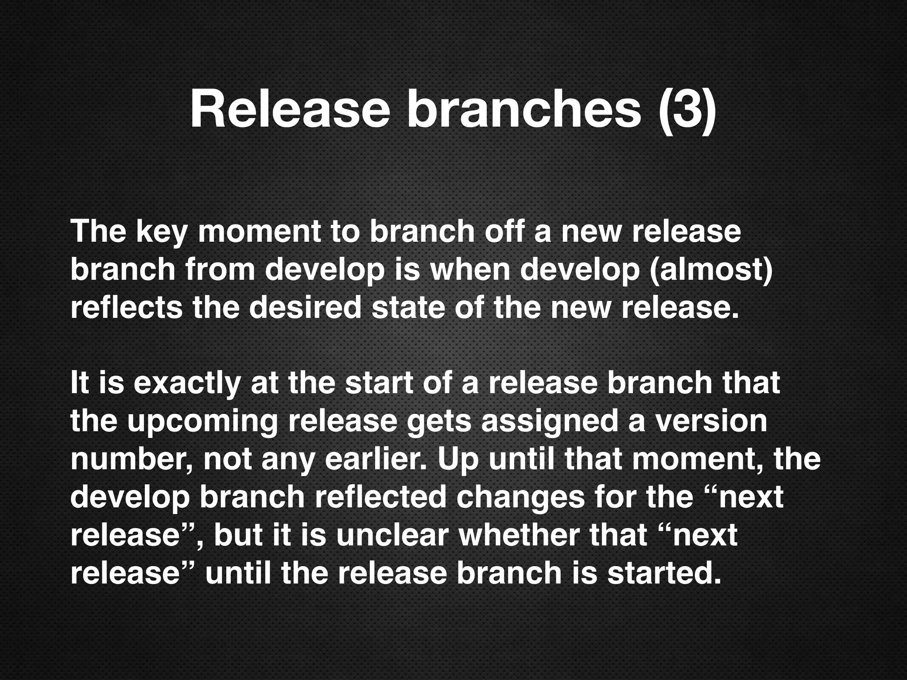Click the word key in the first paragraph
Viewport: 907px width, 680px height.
pyautogui.click(x=161, y=232)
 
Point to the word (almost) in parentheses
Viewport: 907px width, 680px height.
pyautogui.click(x=710, y=270)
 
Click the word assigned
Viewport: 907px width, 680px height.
pyautogui.click(x=549, y=421)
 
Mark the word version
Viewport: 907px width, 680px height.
pyautogui.click(x=711, y=421)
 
